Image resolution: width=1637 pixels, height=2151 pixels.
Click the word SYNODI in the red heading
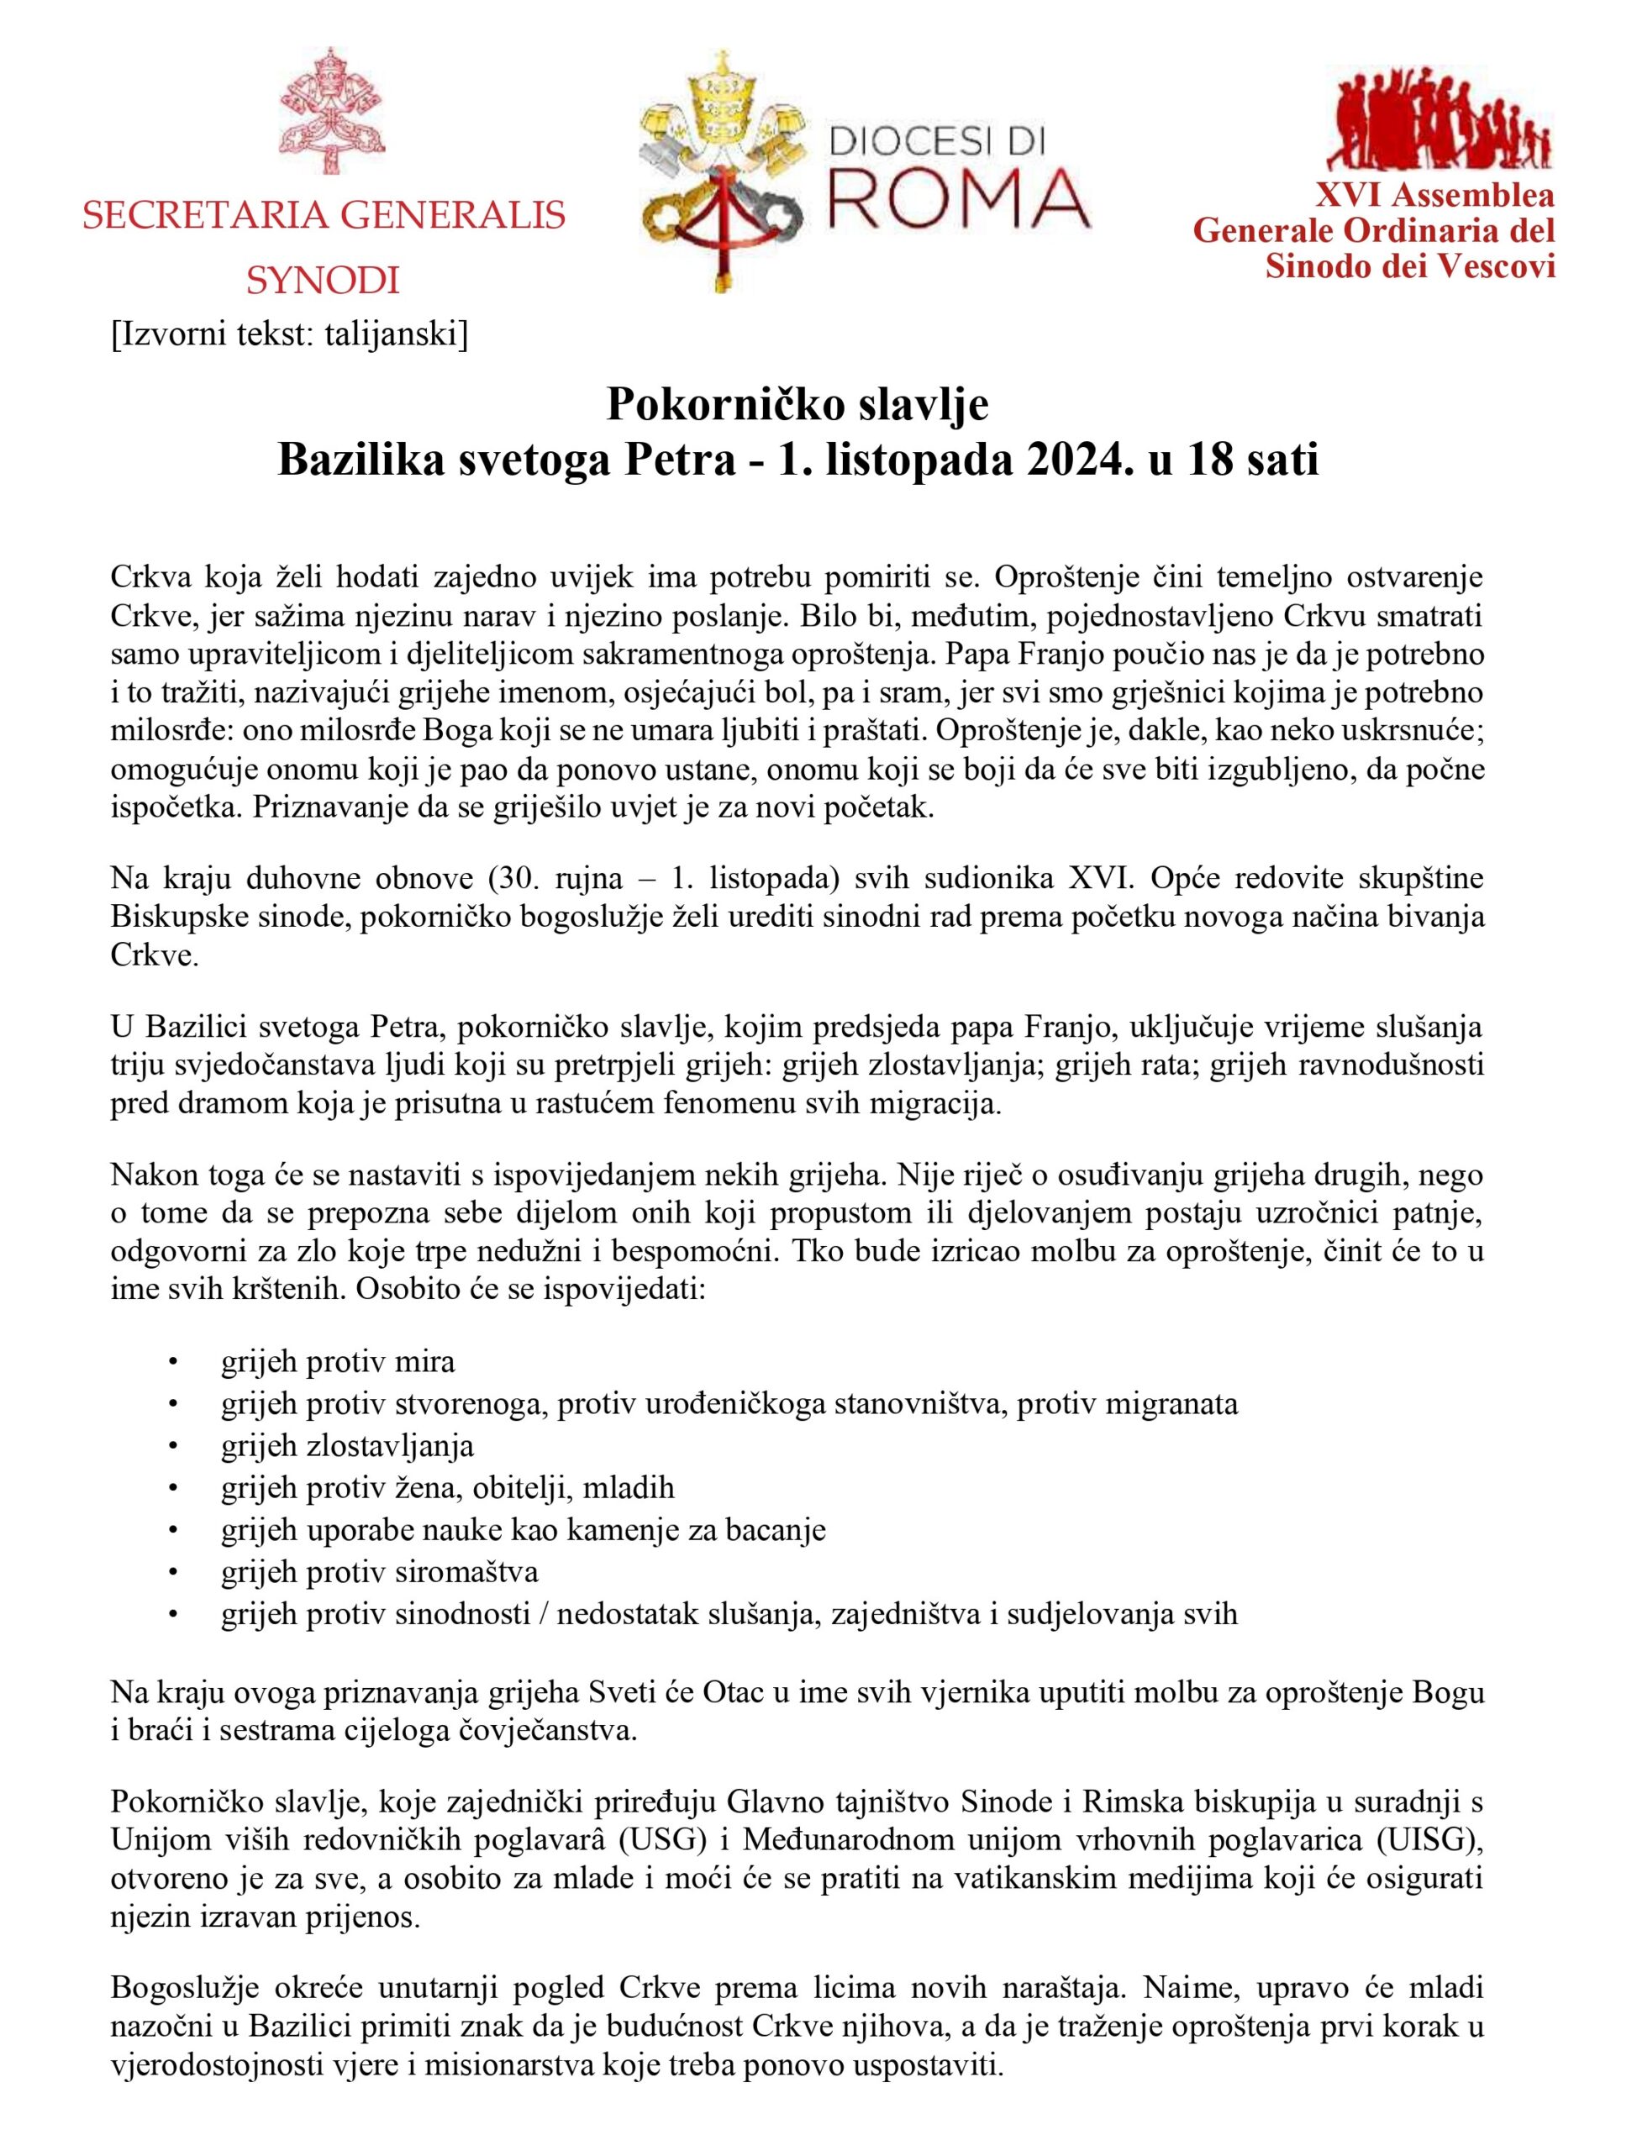coord(323,281)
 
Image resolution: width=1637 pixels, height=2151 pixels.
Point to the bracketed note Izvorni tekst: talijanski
coord(289,334)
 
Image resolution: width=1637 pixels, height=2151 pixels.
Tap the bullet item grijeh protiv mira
coord(337,1361)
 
